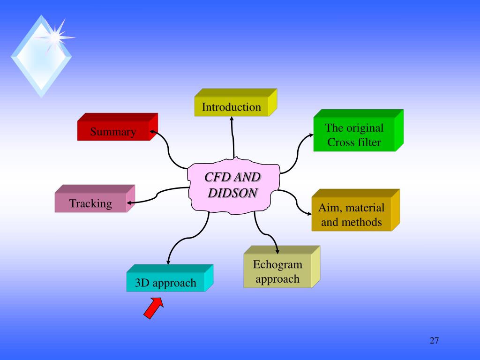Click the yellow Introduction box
232,107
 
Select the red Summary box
113,132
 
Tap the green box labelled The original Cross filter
354,135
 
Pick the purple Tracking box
90,204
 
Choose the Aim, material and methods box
351,215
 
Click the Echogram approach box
277,272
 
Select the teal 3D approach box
165,283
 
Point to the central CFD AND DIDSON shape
233,185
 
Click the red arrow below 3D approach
153,309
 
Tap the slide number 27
434,340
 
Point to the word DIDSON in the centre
233,193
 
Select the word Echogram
277,265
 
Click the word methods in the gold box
360,222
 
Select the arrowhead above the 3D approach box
168,261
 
